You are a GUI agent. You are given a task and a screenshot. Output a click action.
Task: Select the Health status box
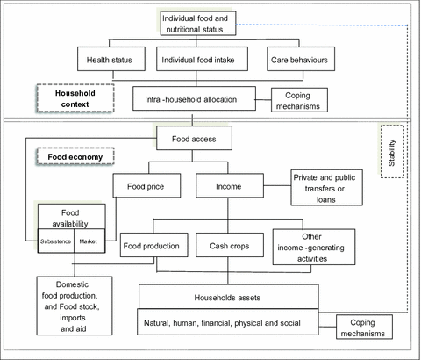[x=110, y=60]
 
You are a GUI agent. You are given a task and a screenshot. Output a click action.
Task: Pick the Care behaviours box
[x=299, y=60]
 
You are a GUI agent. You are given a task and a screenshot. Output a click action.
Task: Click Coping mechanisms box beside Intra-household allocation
[x=300, y=100]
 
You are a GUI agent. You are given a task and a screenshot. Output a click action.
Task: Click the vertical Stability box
[x=392, y=152]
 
